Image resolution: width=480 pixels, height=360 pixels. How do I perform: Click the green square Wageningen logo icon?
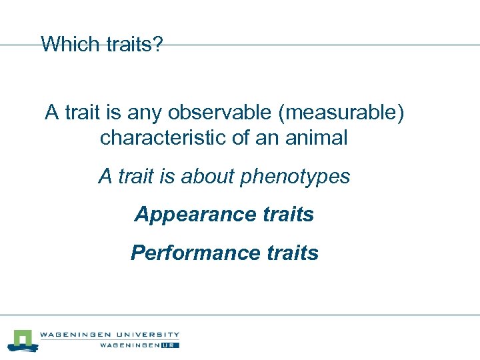23,339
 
